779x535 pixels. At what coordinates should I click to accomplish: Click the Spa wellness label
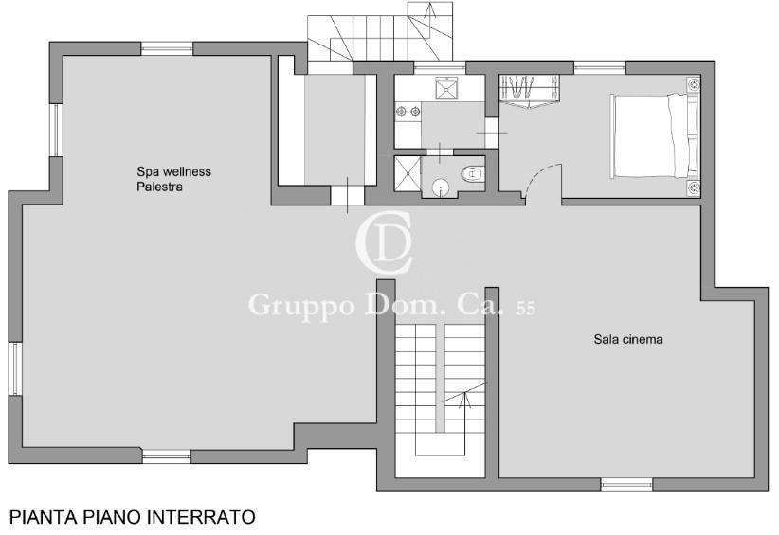(x=173, y=171)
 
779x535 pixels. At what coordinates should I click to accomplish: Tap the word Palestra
(x=159, y=187)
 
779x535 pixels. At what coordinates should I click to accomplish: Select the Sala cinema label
(x=628, y=339)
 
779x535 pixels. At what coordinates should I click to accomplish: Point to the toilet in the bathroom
(x=473, y=174)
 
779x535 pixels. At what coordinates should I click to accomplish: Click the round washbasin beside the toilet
(x=440, y=187)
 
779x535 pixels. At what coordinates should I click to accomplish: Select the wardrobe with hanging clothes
(x=529, y=90)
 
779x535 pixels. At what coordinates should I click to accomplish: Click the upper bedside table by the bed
(x=694, y=84)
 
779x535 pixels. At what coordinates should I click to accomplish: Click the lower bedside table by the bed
(x=694, y=187)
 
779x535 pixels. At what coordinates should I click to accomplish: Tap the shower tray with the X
(x=407, y=173)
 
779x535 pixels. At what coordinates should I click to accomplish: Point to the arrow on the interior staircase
(x=465, y=396)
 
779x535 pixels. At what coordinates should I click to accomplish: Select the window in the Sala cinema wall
(x=626, y=485)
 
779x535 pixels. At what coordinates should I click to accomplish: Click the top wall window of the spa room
(x=167, y=48)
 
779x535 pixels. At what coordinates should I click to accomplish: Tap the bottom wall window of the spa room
(x=167, y=456)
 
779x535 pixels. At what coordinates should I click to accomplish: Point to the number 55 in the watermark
(x=526, y=309)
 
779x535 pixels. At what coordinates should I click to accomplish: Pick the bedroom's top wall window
(x=600, y=67)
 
